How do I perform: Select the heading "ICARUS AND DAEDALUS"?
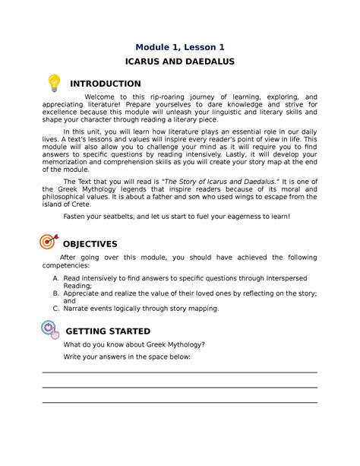(x=179, y=62)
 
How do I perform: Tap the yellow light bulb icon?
(x=54, y=83)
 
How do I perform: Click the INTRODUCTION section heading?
(x=105, y=84)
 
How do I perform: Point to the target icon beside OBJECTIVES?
(x=48, y=243)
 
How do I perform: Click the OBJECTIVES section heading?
(x=100, y=244)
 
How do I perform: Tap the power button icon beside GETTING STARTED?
(x=49, y=329)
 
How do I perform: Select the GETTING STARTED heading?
(x=108, y=331)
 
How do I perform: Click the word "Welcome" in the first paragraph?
(x=101, y=98)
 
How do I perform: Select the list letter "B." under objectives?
(x=55, y=292)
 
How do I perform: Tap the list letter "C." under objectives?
(x=55, y=309)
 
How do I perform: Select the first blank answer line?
(x=179, y=372)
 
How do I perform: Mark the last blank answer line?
(x=179, y=402)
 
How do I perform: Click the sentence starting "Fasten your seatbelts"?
(x=177, y=217)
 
